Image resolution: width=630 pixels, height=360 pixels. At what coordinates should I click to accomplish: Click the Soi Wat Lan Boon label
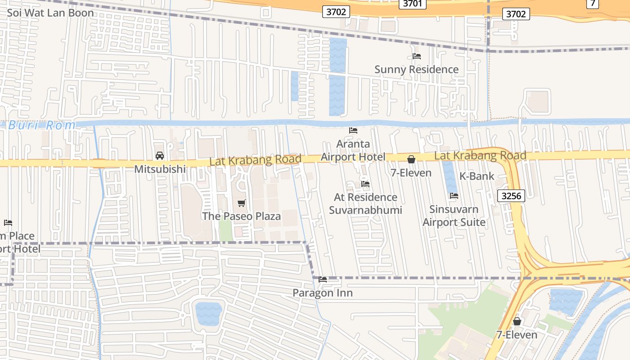[x=50, y=13]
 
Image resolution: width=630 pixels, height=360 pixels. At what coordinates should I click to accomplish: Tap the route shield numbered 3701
[x=413, y=4]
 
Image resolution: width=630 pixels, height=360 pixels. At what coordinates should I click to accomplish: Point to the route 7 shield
[x=593, y=4]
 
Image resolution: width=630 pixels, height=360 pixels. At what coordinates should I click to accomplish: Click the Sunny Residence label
[x=416, y=69]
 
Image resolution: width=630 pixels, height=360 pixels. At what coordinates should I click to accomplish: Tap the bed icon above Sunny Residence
[x=417, y=56]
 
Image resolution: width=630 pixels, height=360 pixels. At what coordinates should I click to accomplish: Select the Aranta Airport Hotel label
[x=353, y=150]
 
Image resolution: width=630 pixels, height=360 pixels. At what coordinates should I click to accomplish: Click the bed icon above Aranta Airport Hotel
[x=353, y=130]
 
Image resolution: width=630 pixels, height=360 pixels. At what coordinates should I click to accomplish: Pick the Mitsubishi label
[x=160, y=169]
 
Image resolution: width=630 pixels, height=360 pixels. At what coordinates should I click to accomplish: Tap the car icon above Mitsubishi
[x=160, y=156]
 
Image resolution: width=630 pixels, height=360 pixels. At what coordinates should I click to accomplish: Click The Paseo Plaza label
[x=241, y=216]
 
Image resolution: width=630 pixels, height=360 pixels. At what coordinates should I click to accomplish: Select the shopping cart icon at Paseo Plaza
[x=242, y=203]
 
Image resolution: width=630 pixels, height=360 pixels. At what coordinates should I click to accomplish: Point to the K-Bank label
[x=477, y=176]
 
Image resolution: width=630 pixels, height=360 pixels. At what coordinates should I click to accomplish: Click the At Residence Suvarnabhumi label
[x=365, y=204]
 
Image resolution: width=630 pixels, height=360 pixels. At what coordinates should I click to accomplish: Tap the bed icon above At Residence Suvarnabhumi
[x=365, y=184]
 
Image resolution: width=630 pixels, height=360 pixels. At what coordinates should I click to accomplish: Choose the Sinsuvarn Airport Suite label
[x=454, y=216]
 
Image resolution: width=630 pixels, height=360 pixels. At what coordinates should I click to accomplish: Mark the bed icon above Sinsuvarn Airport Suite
[x=454, y=196]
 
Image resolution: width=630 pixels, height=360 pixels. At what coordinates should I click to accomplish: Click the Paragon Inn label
[x=322, y=293]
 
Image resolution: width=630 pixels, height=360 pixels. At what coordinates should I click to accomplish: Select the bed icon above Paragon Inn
[x=323, y=279]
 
